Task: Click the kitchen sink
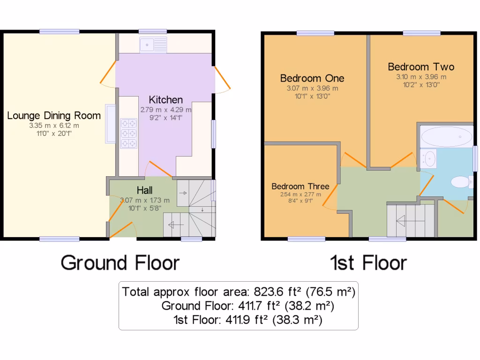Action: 153,45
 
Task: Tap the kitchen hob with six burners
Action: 128,133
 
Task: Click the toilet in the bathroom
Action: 460,181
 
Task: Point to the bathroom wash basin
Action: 429,158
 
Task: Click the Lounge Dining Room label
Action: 54,115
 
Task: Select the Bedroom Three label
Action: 300,186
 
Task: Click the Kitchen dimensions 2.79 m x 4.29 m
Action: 166,110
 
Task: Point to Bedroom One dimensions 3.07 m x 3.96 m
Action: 312,88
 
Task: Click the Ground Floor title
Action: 120,262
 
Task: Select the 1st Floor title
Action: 368,262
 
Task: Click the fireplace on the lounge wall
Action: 111,123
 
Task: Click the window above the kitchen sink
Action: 153,31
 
